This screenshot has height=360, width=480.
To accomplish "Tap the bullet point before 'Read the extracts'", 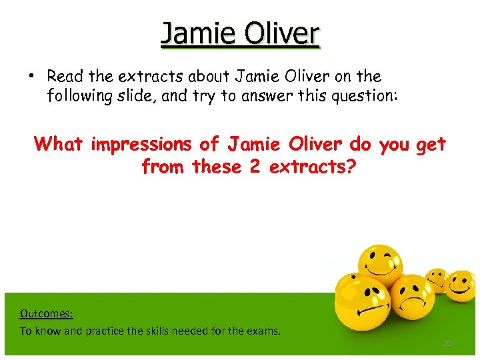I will tap(31, 77).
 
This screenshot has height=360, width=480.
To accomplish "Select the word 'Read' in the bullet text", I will tap(65, 77).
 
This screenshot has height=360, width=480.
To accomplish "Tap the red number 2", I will tap(253, 166).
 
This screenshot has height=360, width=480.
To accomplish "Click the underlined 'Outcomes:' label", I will tap(46, 313).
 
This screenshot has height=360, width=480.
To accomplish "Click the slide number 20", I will tap(447, 343).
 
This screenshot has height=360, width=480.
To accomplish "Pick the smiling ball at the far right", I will tap(461, 285).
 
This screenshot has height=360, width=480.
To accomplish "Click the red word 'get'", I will tap(430, 143).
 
